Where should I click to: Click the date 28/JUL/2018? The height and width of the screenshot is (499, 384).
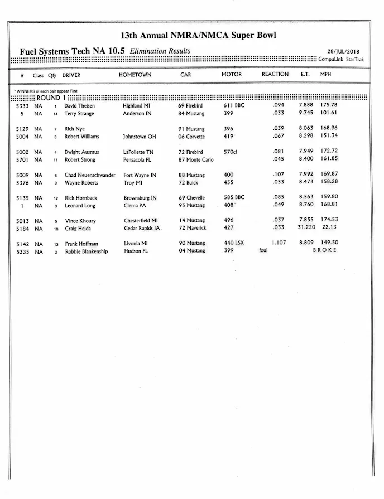click(x=343, y=51)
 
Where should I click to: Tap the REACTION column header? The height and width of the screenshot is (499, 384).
click(x=275, y=74)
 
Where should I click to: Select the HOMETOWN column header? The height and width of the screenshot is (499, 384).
click(x=135, y=75)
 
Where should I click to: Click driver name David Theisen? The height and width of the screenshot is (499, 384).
click(x=79, y=105)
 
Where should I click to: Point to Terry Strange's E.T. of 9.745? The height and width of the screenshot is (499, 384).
click(x=306, y=113)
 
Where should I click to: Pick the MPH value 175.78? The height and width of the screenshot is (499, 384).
click(x=329, y=105)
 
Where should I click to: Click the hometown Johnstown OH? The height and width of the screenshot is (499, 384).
click(x=140, y=137)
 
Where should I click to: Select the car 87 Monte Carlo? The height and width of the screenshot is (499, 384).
click(x=195, y=160)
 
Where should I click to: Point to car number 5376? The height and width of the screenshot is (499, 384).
click(x=22, y=183)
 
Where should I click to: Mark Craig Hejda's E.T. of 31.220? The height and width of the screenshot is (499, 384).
click(x=306, y=227)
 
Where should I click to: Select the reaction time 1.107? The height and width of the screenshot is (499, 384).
click(x=278, y=243)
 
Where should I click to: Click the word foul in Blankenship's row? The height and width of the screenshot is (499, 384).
click(x=263, y=251)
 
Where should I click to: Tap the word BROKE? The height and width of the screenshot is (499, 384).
click(x=325, y=251)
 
